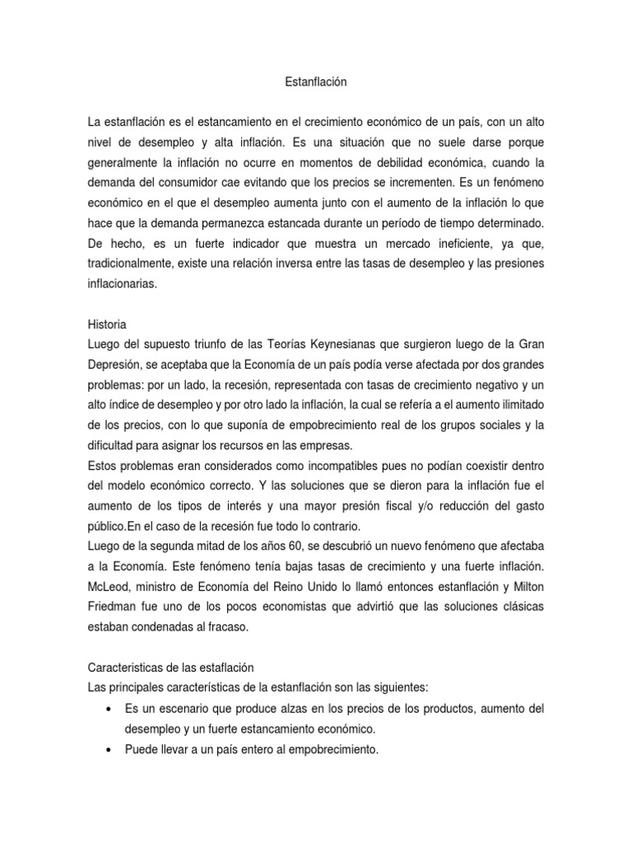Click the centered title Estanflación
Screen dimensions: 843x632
[316, 82]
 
